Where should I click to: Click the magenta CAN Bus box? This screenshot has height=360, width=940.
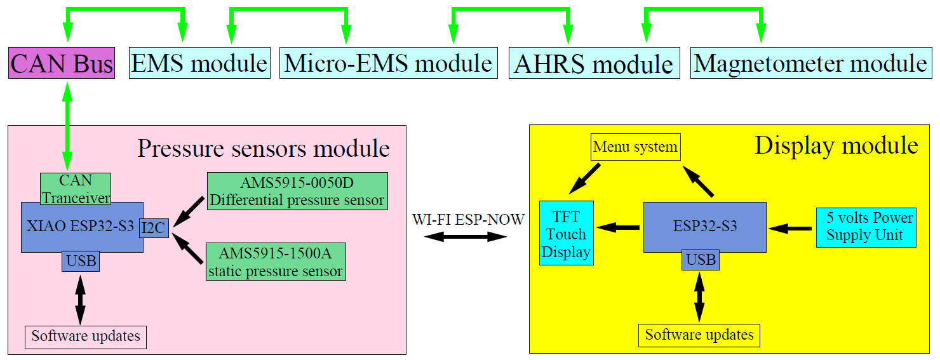coord(62,63)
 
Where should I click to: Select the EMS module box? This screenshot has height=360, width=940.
coord(199,63)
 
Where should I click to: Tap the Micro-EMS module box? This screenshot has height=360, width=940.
coord(389,63)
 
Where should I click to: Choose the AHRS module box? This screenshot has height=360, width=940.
coord(594,63)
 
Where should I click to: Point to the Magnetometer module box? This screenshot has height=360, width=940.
coord(811,63)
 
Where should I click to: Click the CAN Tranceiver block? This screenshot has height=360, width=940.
coord(76,189)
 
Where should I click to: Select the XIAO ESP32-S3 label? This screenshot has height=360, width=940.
coord(80,226)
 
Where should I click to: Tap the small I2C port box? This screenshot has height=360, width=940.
coord(154,228)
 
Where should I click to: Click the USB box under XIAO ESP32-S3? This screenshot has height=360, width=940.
coord(81,261)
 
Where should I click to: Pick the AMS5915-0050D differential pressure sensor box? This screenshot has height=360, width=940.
coord(297,191)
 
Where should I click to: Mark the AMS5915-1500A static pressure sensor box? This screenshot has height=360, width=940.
coord(276,262)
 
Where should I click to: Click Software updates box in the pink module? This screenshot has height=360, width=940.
coord(86,337)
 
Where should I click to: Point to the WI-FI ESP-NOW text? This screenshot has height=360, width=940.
coord(468,220)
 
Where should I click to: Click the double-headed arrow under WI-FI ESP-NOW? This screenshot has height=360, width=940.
coord(466,237)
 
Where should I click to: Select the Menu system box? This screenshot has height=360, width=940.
coord(635,147)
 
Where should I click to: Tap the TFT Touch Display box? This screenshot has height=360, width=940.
coord(566,233)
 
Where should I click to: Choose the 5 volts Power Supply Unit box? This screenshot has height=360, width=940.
coord(866,227)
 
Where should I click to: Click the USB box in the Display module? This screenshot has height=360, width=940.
coord(701,260)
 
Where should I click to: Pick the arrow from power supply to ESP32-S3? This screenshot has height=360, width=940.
coord(790,228)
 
